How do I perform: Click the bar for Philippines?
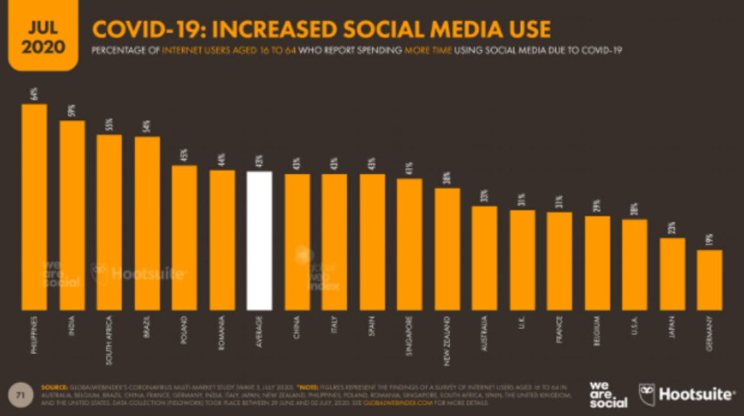tap(34, 206)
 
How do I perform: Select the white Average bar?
tap(260, 240)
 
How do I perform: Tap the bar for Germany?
tap(710, 279)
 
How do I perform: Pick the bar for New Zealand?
tap(448, 249)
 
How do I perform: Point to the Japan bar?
tap(672, 273)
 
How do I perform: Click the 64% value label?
tap(34, 95)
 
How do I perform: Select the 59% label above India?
tap(72, 111)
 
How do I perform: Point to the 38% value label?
tap(448, 179)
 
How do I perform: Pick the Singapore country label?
tap(410, 336)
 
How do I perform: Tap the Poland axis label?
tap(184, 330)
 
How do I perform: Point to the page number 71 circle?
tap(19, 394)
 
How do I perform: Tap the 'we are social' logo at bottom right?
tap(608, 394)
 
